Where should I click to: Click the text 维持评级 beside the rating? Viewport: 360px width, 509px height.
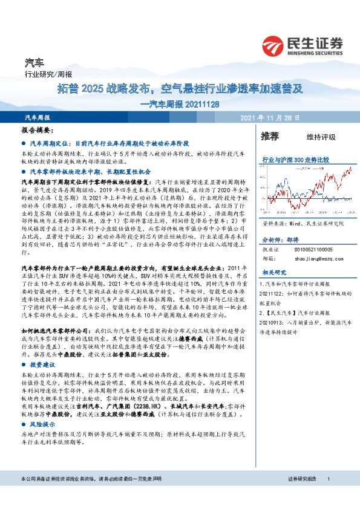321,137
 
